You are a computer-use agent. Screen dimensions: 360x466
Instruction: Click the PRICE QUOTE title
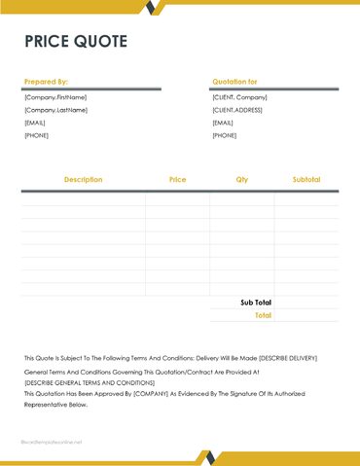click(76, 41)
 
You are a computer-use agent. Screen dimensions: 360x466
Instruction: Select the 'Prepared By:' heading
click(46, 82)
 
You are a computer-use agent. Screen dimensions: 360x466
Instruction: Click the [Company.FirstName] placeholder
click(55, 97)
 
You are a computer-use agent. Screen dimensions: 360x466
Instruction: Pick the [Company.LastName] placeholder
click(55, 110)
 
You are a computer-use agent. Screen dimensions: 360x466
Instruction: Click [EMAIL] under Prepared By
click(35, 123)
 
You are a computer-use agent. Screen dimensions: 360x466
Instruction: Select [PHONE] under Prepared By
click(35, 135)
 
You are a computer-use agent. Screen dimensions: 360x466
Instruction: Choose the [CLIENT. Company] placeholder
click(239, 97)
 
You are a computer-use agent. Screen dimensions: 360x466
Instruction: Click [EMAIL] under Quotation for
click(223, 123)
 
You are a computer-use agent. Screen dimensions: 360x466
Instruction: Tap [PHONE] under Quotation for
click(224, 135)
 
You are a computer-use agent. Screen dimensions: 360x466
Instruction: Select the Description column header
click(83, 180)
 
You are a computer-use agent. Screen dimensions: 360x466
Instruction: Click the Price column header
click(177, 180)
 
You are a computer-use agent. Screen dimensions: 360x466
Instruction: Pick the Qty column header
click(241, 180)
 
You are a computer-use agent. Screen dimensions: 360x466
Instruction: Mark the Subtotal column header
click(306, 180)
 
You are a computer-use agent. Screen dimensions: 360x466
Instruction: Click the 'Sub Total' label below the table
click(256, 303)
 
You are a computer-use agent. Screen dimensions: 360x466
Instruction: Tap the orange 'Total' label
click(263, 315)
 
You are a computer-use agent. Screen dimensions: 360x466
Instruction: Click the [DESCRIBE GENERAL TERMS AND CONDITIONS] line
click(90, 383)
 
